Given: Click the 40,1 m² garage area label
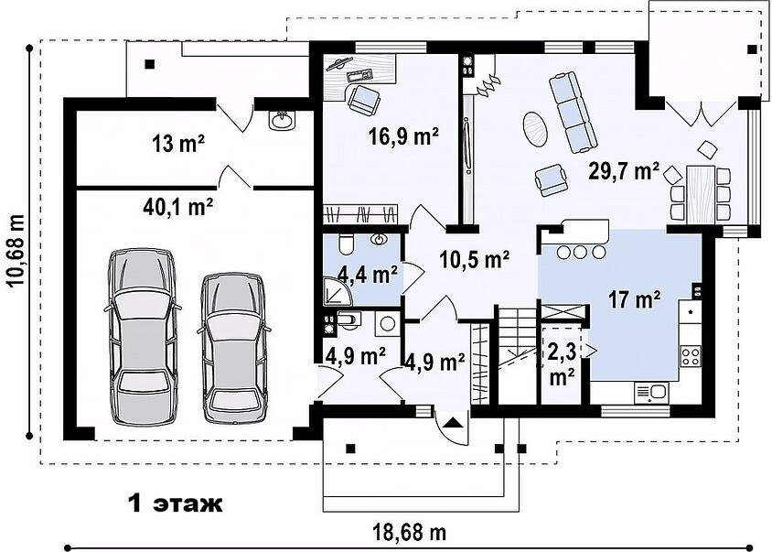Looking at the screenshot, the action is (x=177, y=207).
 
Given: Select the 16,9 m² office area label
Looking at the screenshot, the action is (x=404, y=136).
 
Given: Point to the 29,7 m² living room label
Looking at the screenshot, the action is (x=625, y=171).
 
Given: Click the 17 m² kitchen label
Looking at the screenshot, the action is (x=635, y=299).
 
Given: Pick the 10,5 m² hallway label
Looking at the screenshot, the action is (x=475, y=259).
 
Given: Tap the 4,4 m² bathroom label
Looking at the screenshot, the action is (x=368, y=274).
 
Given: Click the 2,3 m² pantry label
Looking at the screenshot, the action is (x=563, y=363).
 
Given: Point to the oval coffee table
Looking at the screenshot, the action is (x=535, y=129).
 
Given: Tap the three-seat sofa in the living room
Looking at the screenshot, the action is (x=574, y=112).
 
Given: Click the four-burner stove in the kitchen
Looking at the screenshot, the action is (x=691, y=356).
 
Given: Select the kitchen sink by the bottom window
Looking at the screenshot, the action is (x=650, y=393).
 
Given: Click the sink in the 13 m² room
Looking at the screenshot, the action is (x=283, y=120).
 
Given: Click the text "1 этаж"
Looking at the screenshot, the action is (x=176, y=503).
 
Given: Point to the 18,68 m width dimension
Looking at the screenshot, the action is (x=410, y=532).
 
